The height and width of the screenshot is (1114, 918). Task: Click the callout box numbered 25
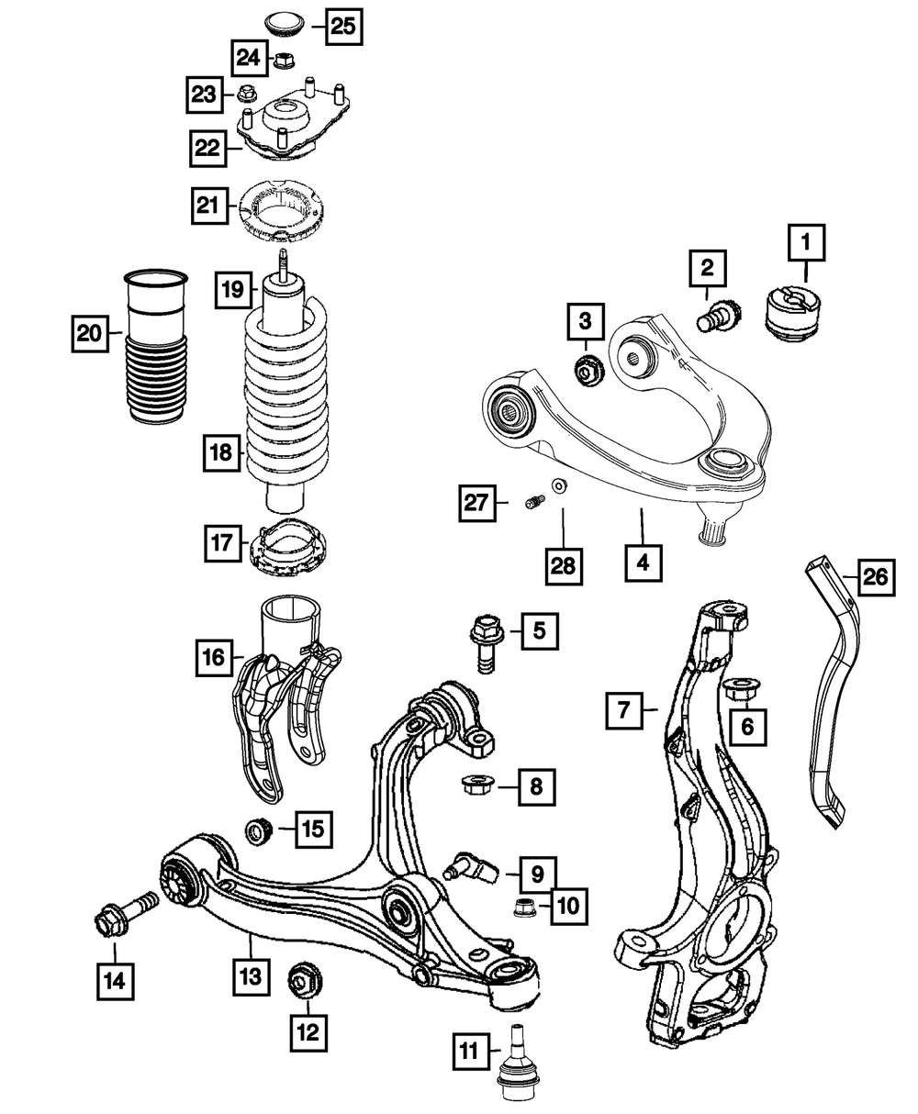point(341,26)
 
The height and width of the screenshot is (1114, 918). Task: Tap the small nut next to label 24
point(284,61)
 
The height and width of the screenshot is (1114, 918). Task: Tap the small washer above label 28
point(558,485)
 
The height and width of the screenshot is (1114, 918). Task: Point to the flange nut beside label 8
point(475,785)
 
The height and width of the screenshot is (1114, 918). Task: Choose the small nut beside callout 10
point(525,909)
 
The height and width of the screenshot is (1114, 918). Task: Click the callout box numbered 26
point(874,578)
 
